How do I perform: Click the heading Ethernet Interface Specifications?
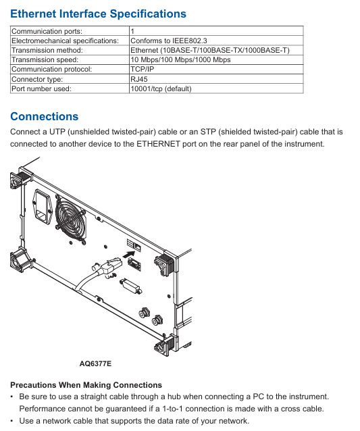click(x=98, y=14)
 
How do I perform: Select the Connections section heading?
click(x=45, y=116)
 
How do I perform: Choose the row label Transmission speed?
click(x=45, y=59)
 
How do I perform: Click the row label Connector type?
click(x=37, y=79)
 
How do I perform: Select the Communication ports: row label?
click(x=47, y=31)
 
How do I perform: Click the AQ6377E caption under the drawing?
click(x=95, y=363)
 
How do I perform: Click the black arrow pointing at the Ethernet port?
click(x=128, y=254)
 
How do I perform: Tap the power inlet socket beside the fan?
click(x=43, y=207)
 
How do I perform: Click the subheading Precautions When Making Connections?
click(x=86, y=385)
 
